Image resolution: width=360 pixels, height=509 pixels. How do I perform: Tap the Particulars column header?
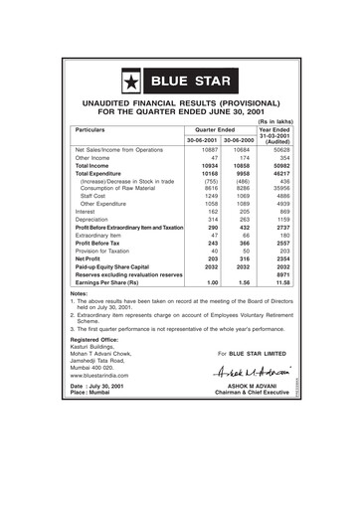pyautogui.click(x=95, y=130)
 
